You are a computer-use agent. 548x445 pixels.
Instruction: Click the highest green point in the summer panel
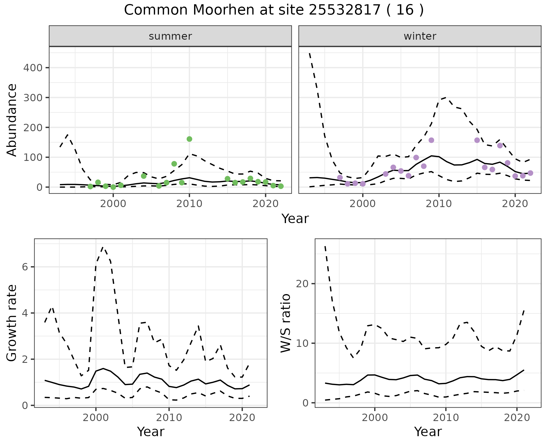pyautogui.click(x=189, y=139)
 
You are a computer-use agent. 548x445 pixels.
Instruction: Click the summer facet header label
pyautogui.click(x=170, y=36)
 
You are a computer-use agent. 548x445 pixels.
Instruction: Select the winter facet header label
pyautogui.click(x=420, y=36)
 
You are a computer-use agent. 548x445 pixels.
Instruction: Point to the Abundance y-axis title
pyautogui.click(x=12, y=120)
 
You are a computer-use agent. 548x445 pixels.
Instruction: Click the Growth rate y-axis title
pyautogui.click(x=12, y=323)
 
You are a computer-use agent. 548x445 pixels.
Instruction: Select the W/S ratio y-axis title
pyautogui.click(x=286, y=323)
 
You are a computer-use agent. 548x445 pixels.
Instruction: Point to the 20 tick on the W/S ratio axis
pyautogui.click(x=302, y=284)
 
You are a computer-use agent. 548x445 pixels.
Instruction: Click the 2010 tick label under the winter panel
pyautogui.click(x=439, y=204)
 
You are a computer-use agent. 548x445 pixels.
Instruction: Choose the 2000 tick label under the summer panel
pyautogui.click(x=113, y=204)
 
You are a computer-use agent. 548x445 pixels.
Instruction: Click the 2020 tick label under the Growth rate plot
pyautogui.click(x=242, y=418)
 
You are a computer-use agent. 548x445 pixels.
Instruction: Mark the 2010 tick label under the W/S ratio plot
pyautogui.click(x=446, y=418)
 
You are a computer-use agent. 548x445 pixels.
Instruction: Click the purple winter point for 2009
pyautogui.click(x=431, y=140)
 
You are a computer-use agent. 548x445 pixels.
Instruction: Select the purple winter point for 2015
pyautogui.click(x=477, y=140)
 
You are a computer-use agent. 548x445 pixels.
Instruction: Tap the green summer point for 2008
pyautogui.click(x=174, y=164)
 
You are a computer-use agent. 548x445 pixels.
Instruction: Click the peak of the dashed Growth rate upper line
pyautogui.click(x=103, y=247)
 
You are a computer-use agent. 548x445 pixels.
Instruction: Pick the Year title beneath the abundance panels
pyautogui.click(x=295, y=219)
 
